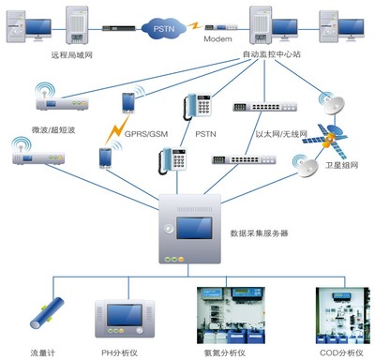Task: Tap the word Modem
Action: pos(217,40)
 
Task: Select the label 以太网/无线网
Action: pos(281,134)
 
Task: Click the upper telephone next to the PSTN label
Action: pos(198,105)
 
